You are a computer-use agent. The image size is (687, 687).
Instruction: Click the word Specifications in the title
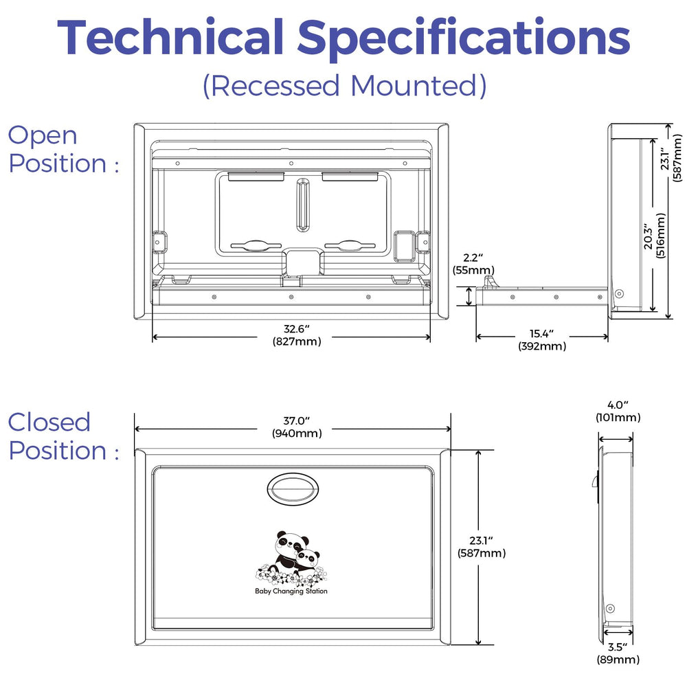tap(464, 39)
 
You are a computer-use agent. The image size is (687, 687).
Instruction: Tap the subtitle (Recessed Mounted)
tap(344, 85)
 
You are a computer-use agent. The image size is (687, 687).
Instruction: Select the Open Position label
tap(63, 149)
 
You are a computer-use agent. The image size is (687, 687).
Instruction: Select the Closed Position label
tap(63, 436)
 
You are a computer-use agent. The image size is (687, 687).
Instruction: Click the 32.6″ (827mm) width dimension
tap(297, 335)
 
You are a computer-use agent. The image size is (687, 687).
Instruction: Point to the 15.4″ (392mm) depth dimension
tap(542, 340)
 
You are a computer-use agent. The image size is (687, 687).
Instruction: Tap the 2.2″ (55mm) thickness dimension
tap(473, 264)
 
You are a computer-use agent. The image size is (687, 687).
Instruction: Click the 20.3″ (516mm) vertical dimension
tap(654, 236)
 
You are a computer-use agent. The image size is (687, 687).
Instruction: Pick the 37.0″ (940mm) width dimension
tap(297, 427)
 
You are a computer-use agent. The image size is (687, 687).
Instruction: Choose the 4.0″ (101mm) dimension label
tap(618, 412)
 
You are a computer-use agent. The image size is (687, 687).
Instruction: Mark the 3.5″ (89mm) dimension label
tap(618, 653)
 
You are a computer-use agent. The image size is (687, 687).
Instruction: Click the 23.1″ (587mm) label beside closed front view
tap(482, 547)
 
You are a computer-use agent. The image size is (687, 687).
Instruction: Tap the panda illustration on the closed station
tap(291, 558)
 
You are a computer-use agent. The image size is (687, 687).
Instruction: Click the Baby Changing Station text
tap(291, 591)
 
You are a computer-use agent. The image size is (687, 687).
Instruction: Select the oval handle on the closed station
tap(293, 489)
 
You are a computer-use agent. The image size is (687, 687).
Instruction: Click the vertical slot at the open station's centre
tap(302, 205)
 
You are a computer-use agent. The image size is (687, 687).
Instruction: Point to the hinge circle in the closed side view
tap(610, 609)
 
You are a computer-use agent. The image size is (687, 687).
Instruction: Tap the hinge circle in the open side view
tap(619, 293)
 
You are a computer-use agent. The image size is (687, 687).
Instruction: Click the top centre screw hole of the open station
tap(291, 164)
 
